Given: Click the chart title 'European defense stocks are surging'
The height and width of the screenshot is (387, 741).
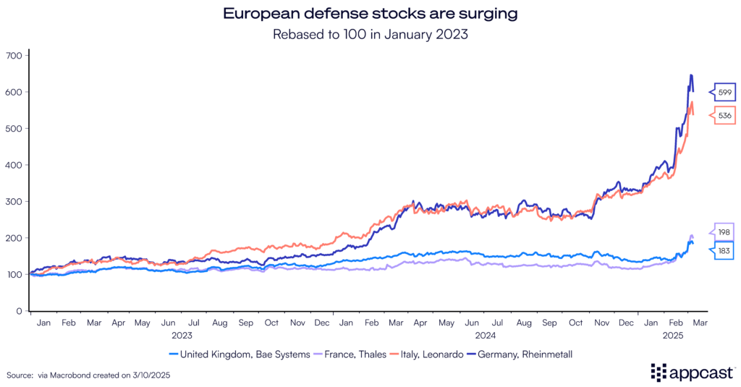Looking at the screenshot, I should pyautogui.click(x=370, y=14).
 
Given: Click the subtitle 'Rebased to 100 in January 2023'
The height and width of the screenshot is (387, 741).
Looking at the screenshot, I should pyautogui.click(x=370, y=33).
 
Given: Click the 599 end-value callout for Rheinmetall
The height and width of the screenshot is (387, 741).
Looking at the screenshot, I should pyautogui.click(x=725, y=92).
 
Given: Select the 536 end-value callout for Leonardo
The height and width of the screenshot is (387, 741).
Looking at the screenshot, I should pyautogui.click(x=725, y=115).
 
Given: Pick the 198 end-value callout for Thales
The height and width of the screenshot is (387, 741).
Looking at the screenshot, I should pyautogui.click(x=725, y=233).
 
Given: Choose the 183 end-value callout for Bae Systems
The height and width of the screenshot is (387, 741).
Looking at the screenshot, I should pyautogui.click(x=725, y=250).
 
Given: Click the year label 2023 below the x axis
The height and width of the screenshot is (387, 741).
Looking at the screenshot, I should pyautogui.click(x=181, y=336).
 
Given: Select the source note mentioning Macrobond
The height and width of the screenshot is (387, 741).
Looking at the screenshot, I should pyautogui.click(x=89, y=375).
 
